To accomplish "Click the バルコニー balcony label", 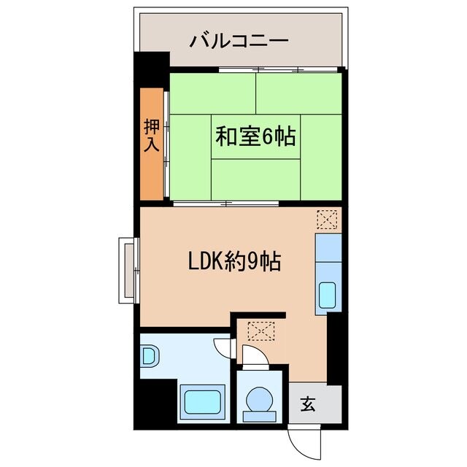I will (x=239, y=41).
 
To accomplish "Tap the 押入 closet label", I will (x=151, y=135).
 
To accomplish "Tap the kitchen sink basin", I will (x=328, y=296).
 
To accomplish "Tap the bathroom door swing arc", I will (x=223, y=349).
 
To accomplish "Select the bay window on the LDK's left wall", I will (x=127, y=270).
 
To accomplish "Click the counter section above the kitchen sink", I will (x=327, y=249).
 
